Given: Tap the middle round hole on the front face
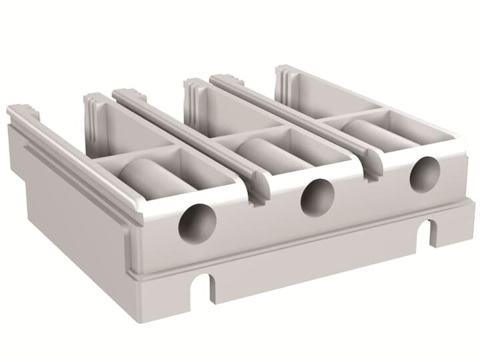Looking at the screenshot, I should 317,198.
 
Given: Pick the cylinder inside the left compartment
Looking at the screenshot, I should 150,174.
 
